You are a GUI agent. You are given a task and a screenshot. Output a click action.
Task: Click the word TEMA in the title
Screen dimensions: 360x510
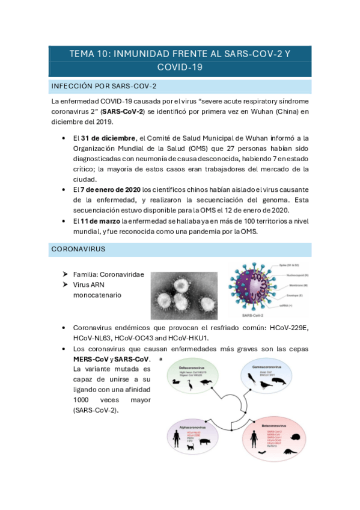(82, 54)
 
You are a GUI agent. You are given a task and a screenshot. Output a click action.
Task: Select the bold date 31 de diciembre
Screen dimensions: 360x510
(108, 138)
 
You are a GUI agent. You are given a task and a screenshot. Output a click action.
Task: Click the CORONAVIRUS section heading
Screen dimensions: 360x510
(79, 248)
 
